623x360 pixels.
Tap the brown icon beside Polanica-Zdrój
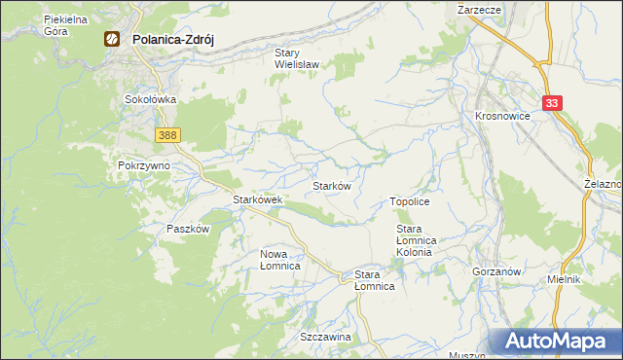pyautogui.click(x=112, y=40)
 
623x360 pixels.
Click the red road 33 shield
pyautogui.click(x=553, y=101)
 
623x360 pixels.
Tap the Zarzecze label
pyautogui.click(x=478, y=8)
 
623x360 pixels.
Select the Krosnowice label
pyautogui.click(x=501, y=115)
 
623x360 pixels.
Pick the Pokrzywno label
pyautogui.click(x=144, y=165)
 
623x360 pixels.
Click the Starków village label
pyautogui.click(x=331, y=185)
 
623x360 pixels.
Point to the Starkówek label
pyautogui.click(x=257, y=199)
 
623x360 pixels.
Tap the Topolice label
pyautogui.click(x=410, y=200)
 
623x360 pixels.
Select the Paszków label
pyautogui.click(x=188, y=229)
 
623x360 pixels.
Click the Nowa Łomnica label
pyautogui.click(x=278, y=259)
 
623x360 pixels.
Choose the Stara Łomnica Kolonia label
pyautogui.click(x=420, y=239)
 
